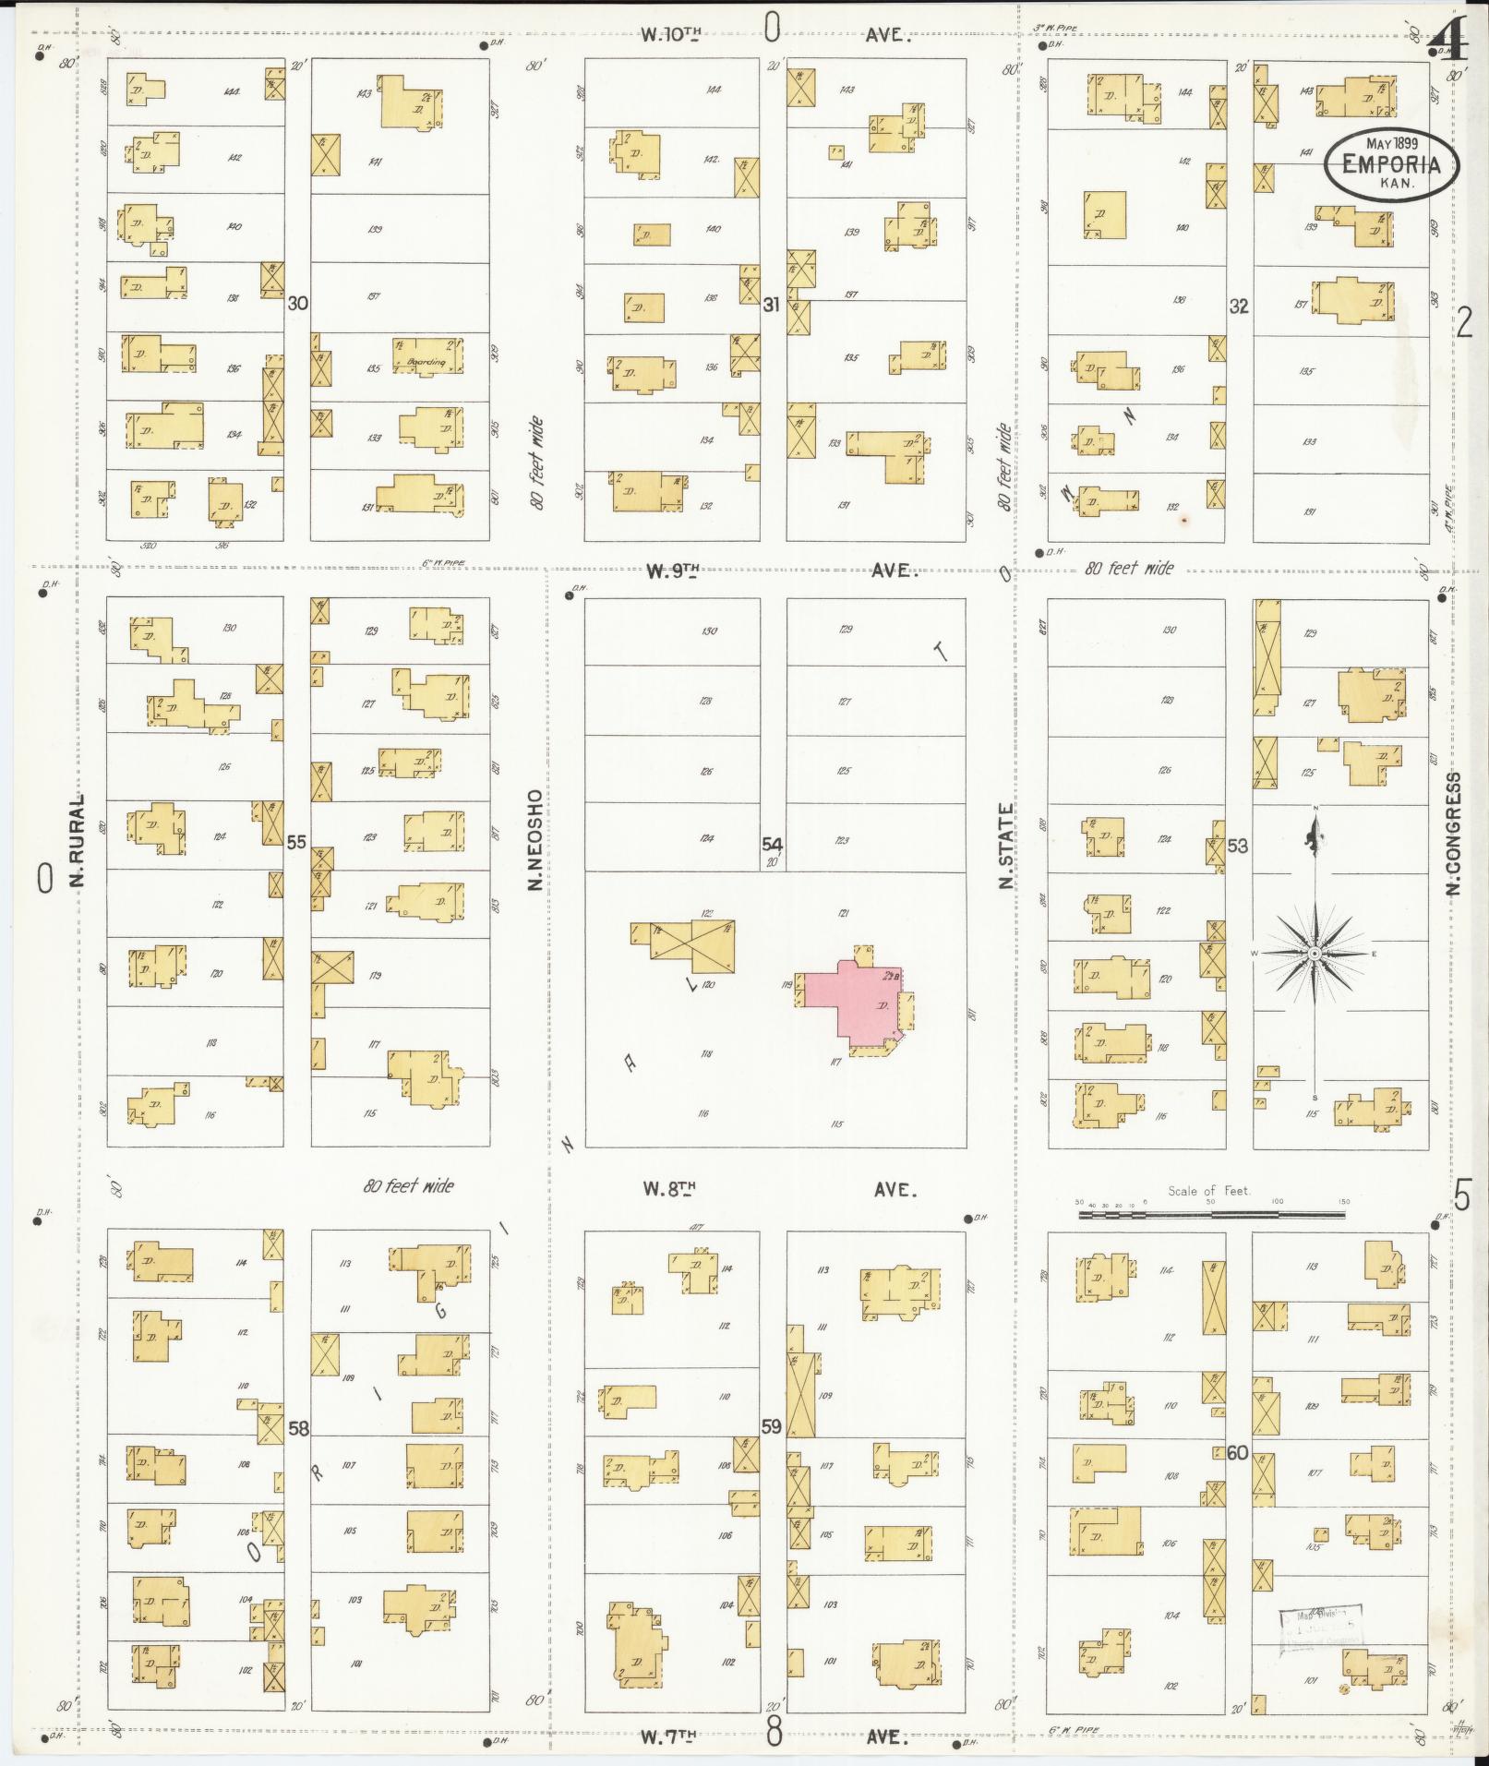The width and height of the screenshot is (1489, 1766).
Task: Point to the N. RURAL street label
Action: [77, 839]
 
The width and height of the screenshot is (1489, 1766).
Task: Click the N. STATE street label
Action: [1005, 846]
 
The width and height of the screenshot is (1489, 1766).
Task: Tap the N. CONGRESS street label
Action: [1454, 834]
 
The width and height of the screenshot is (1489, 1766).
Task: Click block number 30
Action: [296, 303]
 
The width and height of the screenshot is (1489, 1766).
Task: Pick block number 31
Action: [772, 304]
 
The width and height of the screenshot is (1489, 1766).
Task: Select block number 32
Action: [1238, 306]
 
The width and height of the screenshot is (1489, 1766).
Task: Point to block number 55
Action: [296, 842]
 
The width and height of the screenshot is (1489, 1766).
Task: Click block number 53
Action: [1237, 846]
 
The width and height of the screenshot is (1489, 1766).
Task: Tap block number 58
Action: [298, 1428]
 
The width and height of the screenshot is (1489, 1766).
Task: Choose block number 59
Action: [772, 1426]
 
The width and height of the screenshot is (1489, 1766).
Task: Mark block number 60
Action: [1237, 1453]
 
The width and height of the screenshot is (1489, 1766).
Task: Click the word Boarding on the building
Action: [426, 363]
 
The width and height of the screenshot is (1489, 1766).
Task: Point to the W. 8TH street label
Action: [668, 1190]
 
